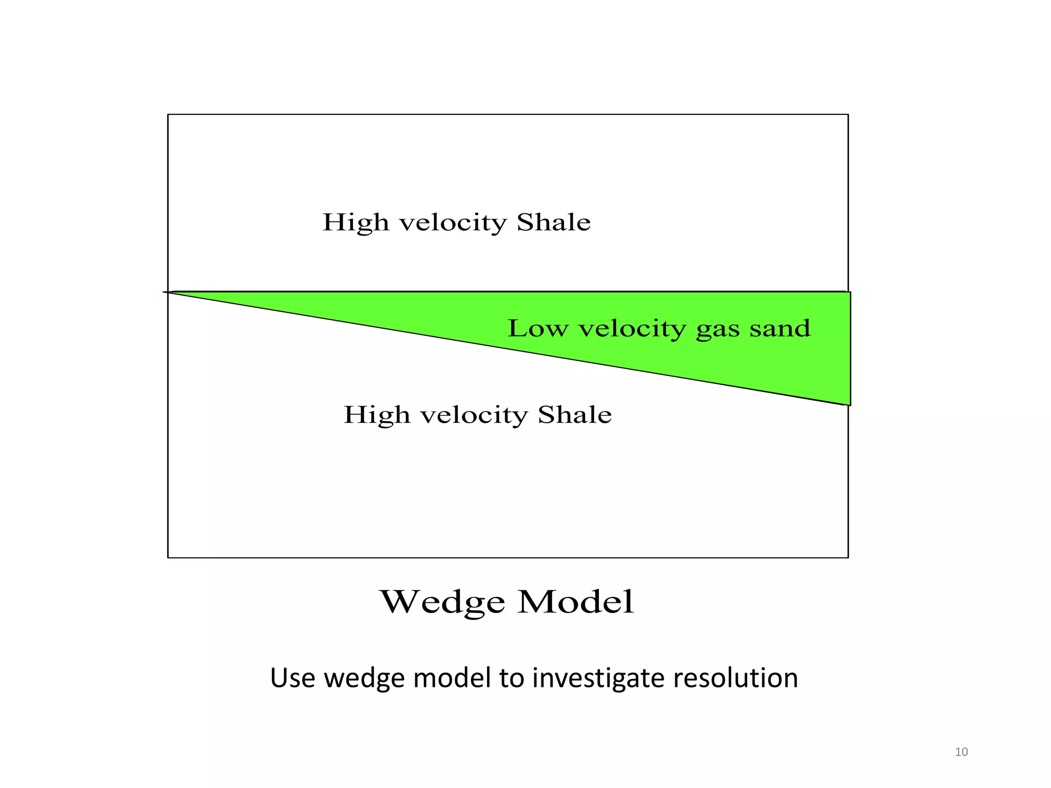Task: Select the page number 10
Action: pos(961,752)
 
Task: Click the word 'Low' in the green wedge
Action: pos(538,328)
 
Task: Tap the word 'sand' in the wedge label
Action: pos(780,328)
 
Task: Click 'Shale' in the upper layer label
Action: pos(554,222)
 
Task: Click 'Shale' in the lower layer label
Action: pos(575,415)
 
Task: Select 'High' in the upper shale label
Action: pos(356,223)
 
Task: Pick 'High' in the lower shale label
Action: pos(377,415)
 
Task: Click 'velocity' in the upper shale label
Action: pos(453,223)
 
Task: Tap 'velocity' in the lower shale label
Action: pos(474,415)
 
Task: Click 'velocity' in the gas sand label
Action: pos(632,328)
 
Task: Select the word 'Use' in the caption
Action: pos(292,678)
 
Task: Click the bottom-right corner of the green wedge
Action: pos(849,405)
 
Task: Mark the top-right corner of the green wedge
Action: pos(849,293)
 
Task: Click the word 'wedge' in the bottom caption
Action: pos(366,678)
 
